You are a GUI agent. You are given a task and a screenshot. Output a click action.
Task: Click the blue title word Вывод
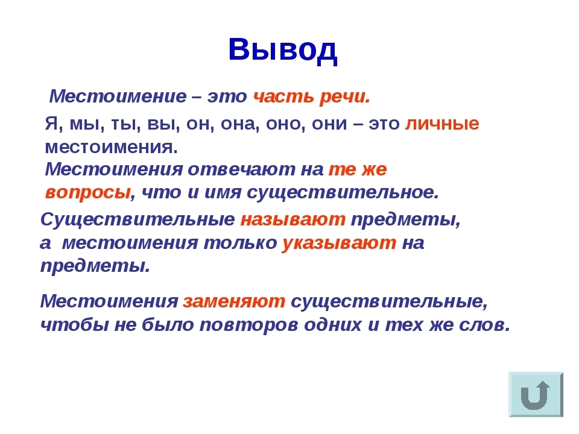click(x=283, y=50)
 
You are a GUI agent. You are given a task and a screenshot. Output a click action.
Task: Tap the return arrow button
click(x=536, y=394)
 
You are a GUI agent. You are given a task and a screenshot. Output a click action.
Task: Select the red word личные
click(x=442, y=123)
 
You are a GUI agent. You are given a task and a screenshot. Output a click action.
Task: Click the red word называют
click(x=293, y=219)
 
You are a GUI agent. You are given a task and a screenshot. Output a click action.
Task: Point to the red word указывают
click(x=339, y=243)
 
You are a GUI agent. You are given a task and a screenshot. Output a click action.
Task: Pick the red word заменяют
click(x=234, y=301)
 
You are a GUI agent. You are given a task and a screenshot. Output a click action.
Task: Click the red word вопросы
click(x=88, y=192)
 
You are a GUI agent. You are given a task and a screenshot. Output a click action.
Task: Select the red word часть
click(x=283, y=96)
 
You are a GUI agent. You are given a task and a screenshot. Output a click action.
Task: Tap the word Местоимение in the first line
click(x=118, y=96)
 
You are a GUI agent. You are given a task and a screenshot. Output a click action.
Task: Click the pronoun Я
click(x=51, y=123)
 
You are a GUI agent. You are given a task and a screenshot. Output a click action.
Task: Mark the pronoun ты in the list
click(x=125, y=124)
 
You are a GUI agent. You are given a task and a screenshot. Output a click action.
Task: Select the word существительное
click(x=343, y=192)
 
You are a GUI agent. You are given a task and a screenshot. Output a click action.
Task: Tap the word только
click(x=241, y=243)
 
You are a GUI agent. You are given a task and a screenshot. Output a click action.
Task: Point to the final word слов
click(x=484, y=325)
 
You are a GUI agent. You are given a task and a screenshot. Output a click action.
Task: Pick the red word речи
click(x=345, y=96)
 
